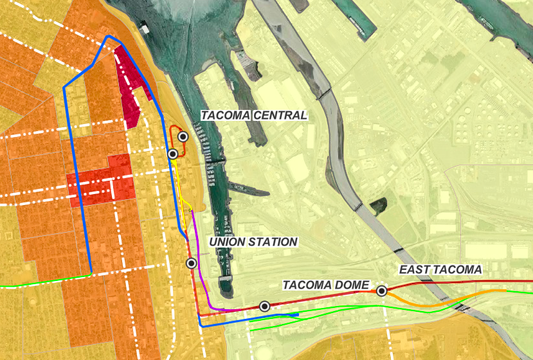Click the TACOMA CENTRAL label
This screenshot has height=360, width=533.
254,116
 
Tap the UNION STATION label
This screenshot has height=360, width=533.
254,242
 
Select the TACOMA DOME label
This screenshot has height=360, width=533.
325,285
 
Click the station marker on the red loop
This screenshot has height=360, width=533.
183,136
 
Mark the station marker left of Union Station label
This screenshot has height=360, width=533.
191,263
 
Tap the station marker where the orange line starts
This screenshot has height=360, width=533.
382,291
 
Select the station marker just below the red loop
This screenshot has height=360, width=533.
172,154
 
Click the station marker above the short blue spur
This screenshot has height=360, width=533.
264,306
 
